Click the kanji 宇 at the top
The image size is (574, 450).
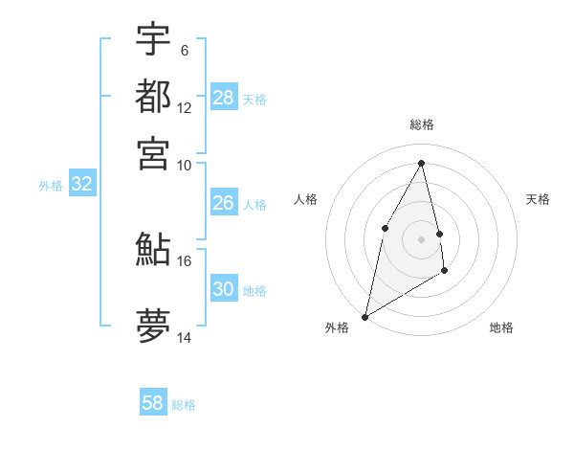point(153,40)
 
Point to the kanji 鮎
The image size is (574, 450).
point(153,250)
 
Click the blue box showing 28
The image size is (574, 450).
point(224,98)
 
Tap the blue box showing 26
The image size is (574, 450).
point(224,203)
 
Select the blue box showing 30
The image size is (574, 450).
point(224,289)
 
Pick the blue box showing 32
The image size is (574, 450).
point(81,185)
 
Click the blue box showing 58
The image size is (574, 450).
point(153,403)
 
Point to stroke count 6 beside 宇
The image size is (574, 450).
point(185,50)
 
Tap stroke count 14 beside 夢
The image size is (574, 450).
point(185,337)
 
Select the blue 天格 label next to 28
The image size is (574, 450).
point(254,99)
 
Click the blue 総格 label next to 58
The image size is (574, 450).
point(184,405)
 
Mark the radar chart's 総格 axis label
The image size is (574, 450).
point(421,124)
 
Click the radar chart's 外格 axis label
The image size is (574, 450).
point(337,327)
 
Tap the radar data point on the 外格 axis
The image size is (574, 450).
point(364,316)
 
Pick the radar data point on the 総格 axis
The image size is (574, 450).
point(421,163)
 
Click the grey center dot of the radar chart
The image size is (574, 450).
point(421,238)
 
